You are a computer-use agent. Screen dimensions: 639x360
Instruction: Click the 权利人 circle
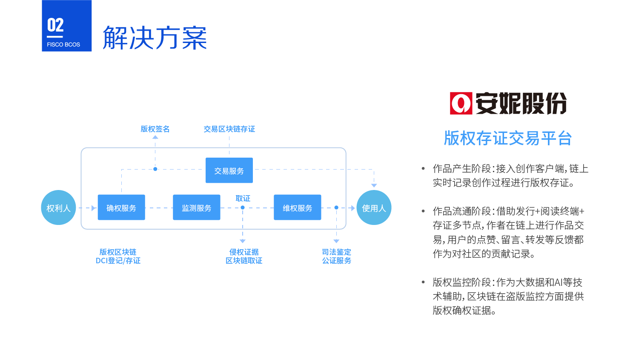(58, 207)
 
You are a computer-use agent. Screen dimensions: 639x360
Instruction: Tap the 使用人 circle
(374, 207)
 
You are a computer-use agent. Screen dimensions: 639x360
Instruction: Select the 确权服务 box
(121, 207)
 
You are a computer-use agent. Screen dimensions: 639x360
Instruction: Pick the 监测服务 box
(197, 207)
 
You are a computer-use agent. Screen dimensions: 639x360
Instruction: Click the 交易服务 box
(229, 170)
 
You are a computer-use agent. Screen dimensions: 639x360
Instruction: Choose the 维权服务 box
(297, 207)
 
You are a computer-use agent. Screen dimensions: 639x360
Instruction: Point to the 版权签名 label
(155, 129)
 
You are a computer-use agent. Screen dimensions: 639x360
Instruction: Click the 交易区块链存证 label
(229, 129)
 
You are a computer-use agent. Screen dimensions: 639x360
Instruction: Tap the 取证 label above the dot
(243, 199)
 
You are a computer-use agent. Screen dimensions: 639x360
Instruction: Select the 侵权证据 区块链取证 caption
(244, 256)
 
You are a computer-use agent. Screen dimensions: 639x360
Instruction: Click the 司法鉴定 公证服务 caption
(337, 256)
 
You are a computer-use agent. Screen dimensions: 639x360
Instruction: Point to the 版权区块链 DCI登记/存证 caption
(118, 256)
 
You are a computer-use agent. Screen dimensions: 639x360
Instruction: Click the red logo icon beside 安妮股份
(461, 104)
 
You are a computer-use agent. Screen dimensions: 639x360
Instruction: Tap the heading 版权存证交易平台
(508, 138)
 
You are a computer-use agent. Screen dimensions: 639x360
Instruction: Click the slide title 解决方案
(155, 37)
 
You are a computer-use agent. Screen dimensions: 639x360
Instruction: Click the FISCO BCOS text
(63, 45)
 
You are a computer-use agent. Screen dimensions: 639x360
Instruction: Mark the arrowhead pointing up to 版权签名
(155, 137)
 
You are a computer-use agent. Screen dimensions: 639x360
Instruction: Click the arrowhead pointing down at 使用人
(374, 186)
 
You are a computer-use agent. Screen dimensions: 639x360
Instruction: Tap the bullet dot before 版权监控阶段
(423, 282)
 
